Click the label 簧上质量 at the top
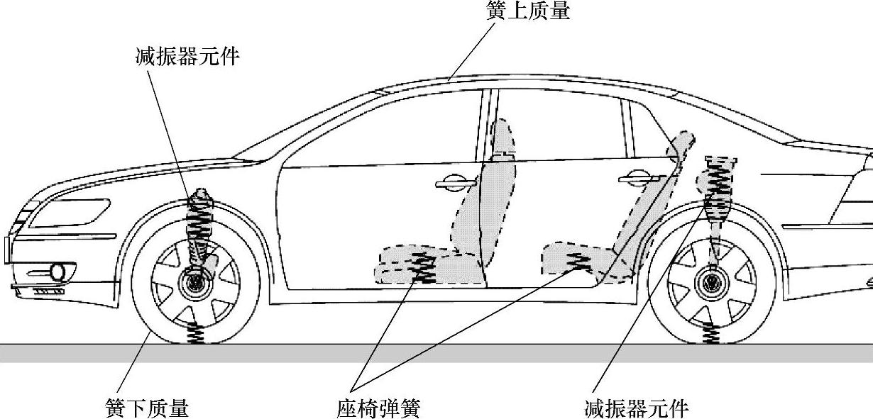click(x=529, y=11)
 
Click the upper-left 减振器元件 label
click(x=187, y=57)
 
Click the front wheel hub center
click(x=192, y=284)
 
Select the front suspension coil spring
click(x=198, y=223)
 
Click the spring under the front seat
click(x=424, y=268)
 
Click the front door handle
click(x=456, y=184)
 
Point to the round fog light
click(x=59, y=272)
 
